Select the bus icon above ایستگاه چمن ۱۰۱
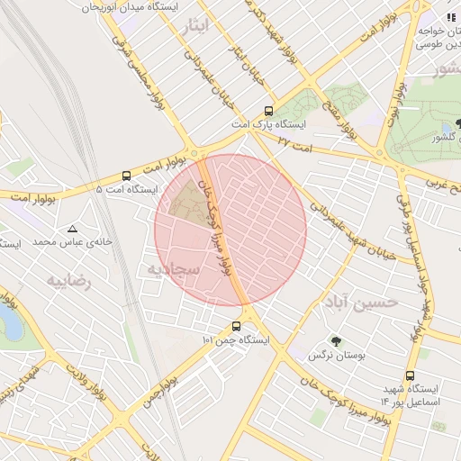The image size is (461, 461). (x=237, y=326)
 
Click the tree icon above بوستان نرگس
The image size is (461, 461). (x=337, y=341)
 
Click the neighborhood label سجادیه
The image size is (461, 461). (x=170, y=269)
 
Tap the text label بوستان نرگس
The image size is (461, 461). (x=338, y=357)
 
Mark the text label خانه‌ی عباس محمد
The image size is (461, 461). (x=72, y=242)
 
